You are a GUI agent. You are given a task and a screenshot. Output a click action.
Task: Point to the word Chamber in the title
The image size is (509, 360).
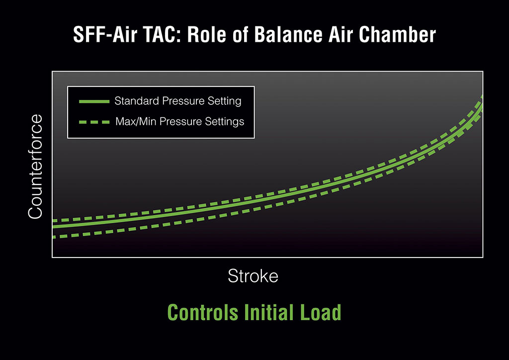[x=397, y=34]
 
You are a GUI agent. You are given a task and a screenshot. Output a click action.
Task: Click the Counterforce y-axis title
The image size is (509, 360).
[x=35, y=167]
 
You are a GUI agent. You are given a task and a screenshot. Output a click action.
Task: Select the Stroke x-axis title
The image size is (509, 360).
[x=253, y=276]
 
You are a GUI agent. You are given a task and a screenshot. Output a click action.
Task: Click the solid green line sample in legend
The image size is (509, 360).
[x=94, y=101]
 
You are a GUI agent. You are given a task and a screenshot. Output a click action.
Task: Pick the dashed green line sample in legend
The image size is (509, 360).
[x=94, y=122]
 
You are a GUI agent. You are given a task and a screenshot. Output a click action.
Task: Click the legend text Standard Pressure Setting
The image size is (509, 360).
[x=178, y=101]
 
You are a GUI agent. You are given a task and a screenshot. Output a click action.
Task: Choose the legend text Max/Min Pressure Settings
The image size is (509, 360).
[x=180, y=121]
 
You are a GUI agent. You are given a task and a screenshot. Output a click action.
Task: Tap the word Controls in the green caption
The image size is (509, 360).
[x=203, y=312]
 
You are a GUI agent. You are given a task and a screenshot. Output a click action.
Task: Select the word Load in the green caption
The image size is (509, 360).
[x=321, y=312]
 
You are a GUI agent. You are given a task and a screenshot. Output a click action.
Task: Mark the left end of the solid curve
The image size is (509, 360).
[x=53, y=226]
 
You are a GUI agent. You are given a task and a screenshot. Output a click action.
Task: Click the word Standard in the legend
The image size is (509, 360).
[x=137, y=101]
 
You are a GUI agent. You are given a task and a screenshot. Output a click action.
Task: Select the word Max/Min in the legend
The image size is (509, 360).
[x=136, y=121]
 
